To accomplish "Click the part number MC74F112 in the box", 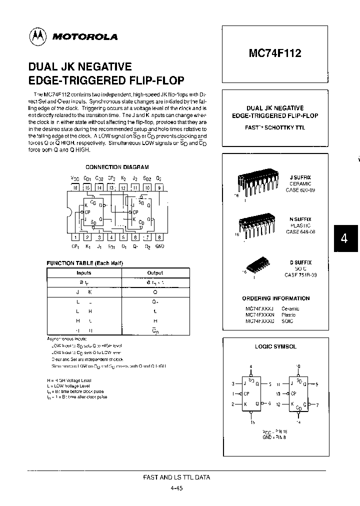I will tap(275, 53).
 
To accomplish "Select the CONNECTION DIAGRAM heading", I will tap(117, 167).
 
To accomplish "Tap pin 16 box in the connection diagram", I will tap(74, 188).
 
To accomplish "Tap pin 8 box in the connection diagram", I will tap(159, 237).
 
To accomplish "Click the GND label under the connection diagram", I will tap(159, 246).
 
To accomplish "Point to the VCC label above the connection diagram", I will tap(74, 178).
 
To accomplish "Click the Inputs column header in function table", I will tap(83, 273).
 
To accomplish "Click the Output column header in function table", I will tap(155, 273).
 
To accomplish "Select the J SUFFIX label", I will tap(300, 177).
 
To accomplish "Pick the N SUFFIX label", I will tap(300, 219).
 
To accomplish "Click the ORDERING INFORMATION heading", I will tap(275, 298).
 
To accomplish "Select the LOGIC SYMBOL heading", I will tap(275, 346).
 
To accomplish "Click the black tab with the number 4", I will tap(344, 238).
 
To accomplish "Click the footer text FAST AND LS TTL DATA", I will tap(176, 477).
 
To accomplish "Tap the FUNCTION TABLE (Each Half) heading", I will tap(84, 263).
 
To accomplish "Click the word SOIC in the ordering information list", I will tap(288, 321).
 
